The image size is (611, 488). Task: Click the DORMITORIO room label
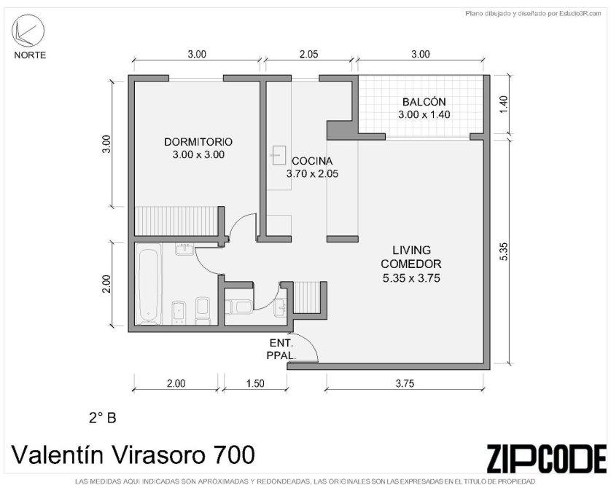pos(198,148)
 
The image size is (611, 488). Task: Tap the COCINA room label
pos(312,168)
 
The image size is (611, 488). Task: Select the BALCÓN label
pos(424,109)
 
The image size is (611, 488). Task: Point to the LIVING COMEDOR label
pos(411,264)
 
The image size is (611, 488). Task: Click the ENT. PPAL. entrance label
pos(281,349)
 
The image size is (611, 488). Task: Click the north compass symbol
pos(28,31)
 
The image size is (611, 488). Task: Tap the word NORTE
pos(30,55)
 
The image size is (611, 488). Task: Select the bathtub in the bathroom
pos(149,284)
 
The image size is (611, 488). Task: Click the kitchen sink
pos(279,155)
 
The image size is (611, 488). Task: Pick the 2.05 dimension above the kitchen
pos(308,54)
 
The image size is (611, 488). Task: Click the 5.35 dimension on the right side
pos(503,251)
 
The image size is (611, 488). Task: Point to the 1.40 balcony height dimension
pos(503,104)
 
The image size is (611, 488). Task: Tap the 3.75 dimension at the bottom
pos(405,384)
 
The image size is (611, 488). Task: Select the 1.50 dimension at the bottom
pos(255,384)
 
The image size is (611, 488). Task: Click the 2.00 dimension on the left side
pos(106,284)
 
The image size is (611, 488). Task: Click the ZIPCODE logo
pos(547,458)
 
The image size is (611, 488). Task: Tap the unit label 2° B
pos(103,418)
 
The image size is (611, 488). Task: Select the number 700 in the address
pos(233,454)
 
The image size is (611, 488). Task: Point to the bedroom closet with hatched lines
pos(176,221)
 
